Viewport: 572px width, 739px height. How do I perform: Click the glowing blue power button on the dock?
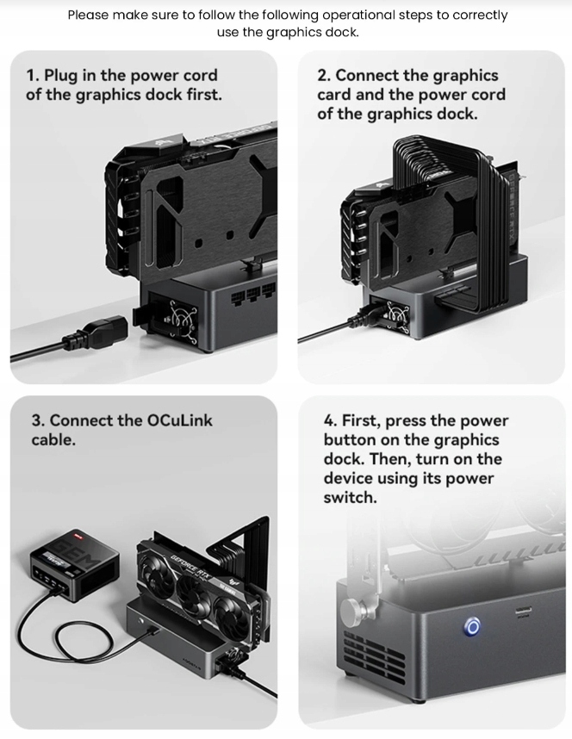(471, 627)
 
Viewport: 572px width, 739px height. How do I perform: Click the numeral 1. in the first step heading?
(33, 76)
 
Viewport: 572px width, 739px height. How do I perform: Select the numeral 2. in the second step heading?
(323, 76)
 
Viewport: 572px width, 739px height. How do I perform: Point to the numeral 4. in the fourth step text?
(330, 420)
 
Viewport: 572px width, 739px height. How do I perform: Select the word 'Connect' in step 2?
(366, 76)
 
